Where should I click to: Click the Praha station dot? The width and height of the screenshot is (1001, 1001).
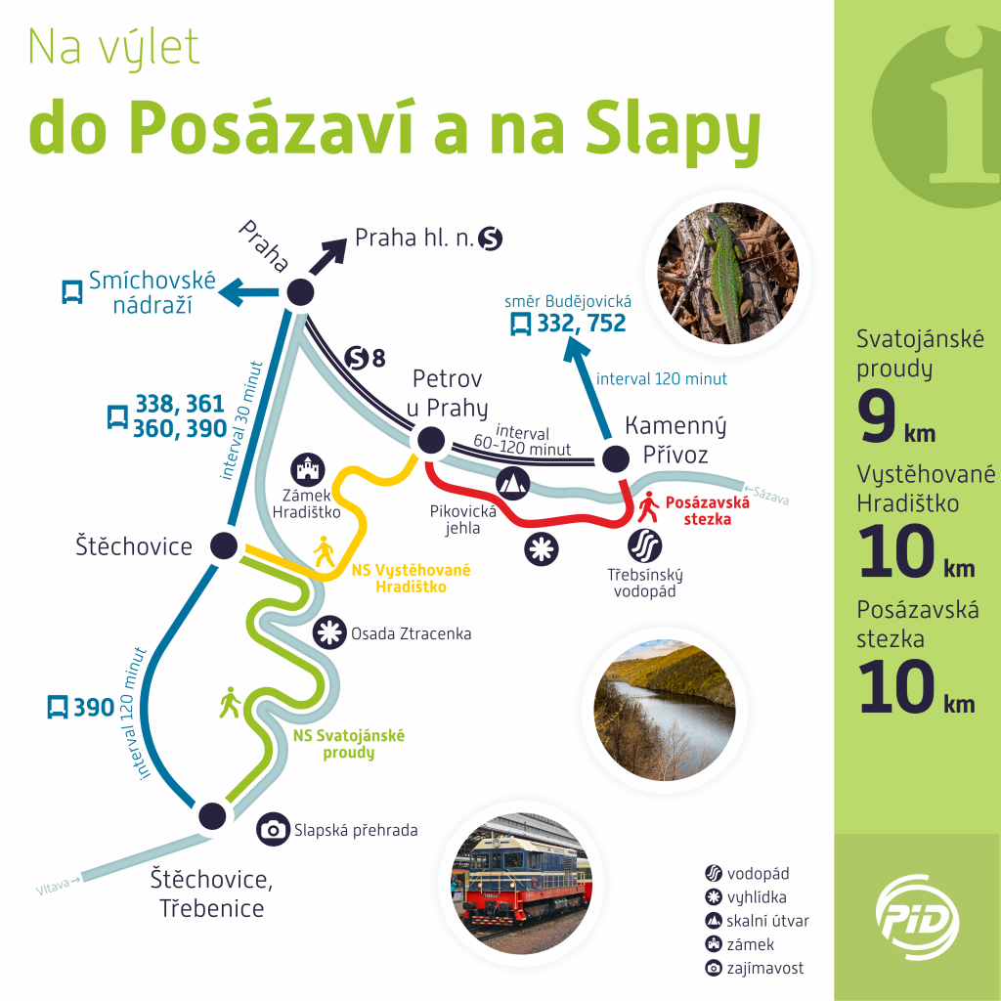300,292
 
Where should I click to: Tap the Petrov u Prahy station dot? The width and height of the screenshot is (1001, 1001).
430,440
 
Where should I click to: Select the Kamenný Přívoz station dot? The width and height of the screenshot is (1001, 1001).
616,457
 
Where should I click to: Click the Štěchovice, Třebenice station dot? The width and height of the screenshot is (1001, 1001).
212,815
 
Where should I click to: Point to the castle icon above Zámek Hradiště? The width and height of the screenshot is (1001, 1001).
308,470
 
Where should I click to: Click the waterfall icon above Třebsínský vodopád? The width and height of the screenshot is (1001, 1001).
645,545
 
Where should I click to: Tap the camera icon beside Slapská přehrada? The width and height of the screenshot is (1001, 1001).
274,829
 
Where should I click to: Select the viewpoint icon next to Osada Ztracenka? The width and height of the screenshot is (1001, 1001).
329,632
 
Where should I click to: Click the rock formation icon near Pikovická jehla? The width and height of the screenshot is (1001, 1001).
512,483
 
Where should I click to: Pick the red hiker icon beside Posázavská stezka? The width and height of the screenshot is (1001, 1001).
649,506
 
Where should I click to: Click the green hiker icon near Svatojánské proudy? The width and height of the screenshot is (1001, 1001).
230,702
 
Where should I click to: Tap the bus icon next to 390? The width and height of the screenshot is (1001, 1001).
58,708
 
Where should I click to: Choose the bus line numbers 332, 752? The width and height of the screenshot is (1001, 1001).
581,324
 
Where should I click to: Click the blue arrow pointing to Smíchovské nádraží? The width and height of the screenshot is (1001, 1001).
248,292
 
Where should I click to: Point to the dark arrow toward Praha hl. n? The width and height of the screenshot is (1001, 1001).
327,257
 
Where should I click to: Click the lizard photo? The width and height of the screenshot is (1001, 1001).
728,273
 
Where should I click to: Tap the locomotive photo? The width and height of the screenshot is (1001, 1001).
522,883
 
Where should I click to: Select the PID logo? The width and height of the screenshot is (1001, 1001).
917,917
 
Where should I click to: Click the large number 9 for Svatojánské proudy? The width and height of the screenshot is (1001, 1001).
877,416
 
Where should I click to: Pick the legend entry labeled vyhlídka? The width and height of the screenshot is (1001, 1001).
746,897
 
